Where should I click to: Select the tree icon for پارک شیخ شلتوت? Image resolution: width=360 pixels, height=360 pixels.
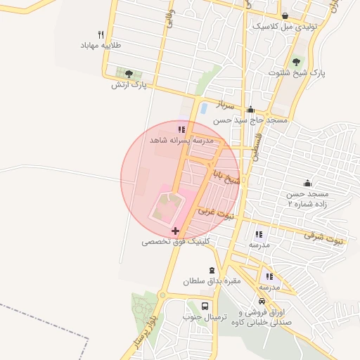click(295, 61)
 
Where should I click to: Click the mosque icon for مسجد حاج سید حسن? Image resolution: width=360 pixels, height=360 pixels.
click(251, 110)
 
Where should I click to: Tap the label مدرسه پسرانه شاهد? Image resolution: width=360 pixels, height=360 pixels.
click(181, 141)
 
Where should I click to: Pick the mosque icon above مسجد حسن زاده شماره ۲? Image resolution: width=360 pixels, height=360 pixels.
click(307, 182)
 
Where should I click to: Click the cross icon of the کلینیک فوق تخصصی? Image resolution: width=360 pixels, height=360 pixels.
click(174, 231)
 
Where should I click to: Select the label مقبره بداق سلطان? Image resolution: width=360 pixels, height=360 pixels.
click(212, 281)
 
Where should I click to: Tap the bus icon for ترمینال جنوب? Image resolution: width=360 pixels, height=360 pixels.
click(205, 307)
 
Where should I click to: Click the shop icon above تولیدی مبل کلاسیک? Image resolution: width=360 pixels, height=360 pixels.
click(284, 15)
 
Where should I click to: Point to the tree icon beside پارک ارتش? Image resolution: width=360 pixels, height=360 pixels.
click(128, 73)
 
